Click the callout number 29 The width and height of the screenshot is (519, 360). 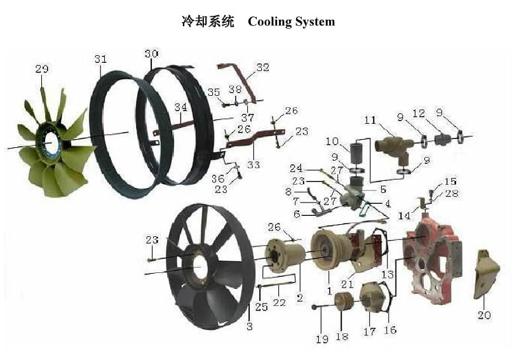(42, 69)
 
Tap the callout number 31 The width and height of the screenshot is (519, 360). (100, 59)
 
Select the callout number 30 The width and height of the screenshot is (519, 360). (151, 54)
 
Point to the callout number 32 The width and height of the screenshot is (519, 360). (262, 67)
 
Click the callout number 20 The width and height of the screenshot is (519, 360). (485, 314)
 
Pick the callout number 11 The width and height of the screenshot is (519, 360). (370, 120)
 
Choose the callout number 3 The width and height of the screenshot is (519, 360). (250, 326)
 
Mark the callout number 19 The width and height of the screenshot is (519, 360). (322, 339)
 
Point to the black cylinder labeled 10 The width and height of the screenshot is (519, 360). (355, 155)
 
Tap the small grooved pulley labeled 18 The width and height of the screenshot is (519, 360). (344, 302)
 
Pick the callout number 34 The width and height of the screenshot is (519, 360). (181, 107)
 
